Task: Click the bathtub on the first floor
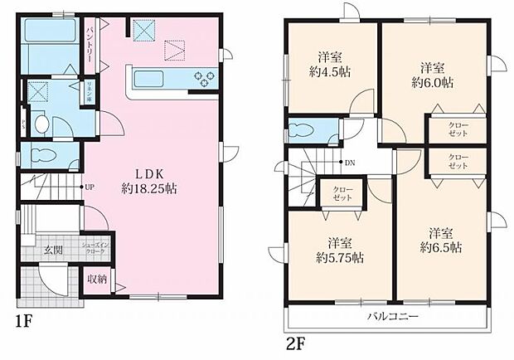pyautogui.click(x=47, y=32)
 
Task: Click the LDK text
pyautogui.click(x=151, y=173)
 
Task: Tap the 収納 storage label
pyautogui.click(x=98, y=280)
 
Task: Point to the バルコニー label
pyautogui.click(x=393, y=318)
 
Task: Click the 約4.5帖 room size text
pyautogui.click(x=332, y=73)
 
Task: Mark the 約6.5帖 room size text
pyautogui.click(x=440, y=247)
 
